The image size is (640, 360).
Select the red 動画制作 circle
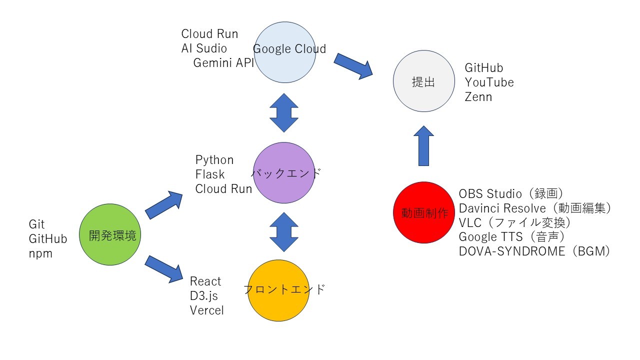pyautogui.click(x=424, y=212)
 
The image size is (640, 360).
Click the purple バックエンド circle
pyautogui.click(x=284, y=173)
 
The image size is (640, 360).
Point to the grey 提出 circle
pyautogui.click(x=424, y=82)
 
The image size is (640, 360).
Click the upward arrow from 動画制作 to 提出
pyautogui.click(x=424, y=145)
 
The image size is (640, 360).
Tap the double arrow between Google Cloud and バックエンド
pyautogui.click(x=284, y=112)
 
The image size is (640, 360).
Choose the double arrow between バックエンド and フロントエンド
pyautogui.click(x=284, y=232)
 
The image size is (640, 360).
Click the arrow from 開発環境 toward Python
pyautogui.click(x=164, y=205)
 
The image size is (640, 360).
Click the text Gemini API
pyautogui.click(x=223, y=63)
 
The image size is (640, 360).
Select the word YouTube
pyautogui.click(x=489, y=82)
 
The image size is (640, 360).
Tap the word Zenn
pyautogui.click(x=478, y=97)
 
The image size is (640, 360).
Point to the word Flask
pyautogui.click(x=210, y=174)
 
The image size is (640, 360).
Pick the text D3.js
pyautogui.click(x=204, y=296)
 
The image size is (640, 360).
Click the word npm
pyautogui.click(x=40, y=254)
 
